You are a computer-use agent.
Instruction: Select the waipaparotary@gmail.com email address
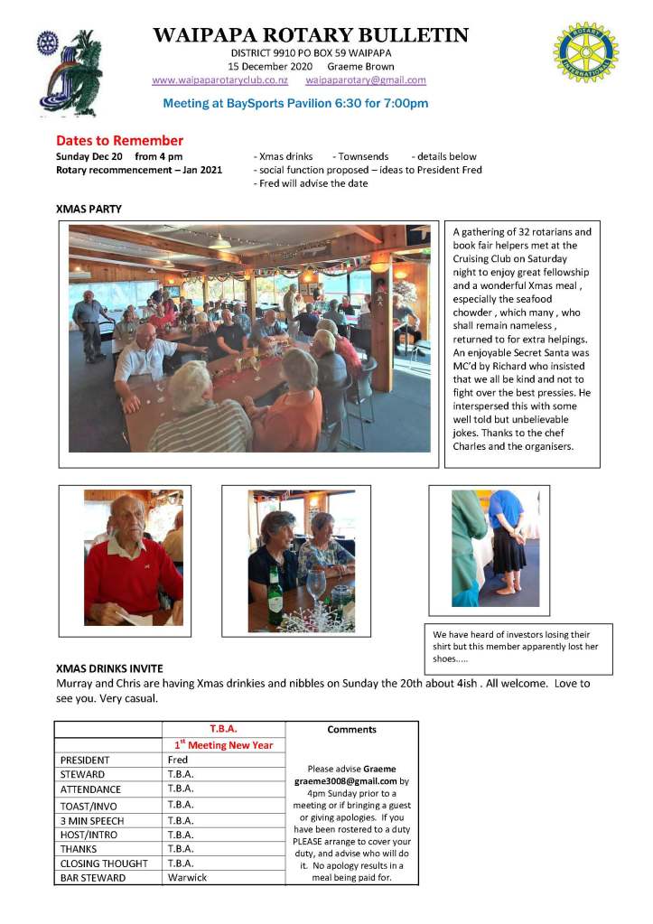[x=366, y=80]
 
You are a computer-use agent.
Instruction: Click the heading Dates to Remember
[x=119, y=141]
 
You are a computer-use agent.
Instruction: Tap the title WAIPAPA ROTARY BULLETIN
[x=311, y=36]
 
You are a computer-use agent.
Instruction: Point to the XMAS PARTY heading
[x=89, y=210]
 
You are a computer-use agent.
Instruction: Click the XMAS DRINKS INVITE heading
[x=109, y=668]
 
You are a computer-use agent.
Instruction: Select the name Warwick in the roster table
[x=187, y=877]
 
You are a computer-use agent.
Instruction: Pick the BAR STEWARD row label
[x=94, y=877]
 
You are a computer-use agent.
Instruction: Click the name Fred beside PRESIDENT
[x=177, y=761]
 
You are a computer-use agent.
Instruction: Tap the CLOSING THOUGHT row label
[x=104, y=863]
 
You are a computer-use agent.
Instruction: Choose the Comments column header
[x=351, y=730]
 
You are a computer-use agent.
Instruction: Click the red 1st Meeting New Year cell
[x=222, y=745]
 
